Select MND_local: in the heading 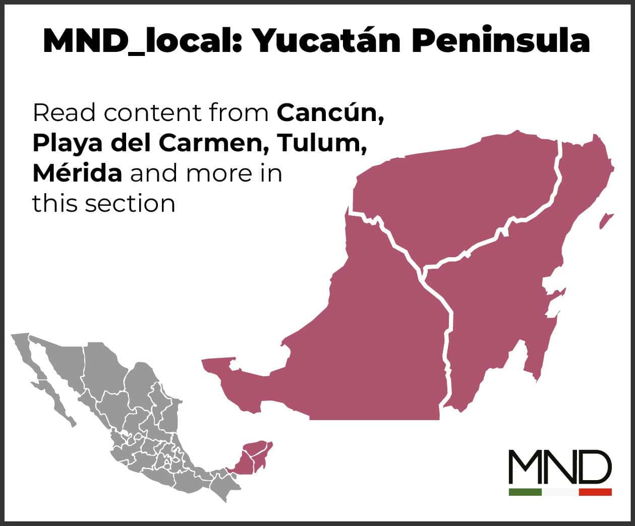(143, 41)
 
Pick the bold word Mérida (77, 173)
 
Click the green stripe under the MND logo (525, 492)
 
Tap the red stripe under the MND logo (595, 492)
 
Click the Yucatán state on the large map (454, 192)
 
